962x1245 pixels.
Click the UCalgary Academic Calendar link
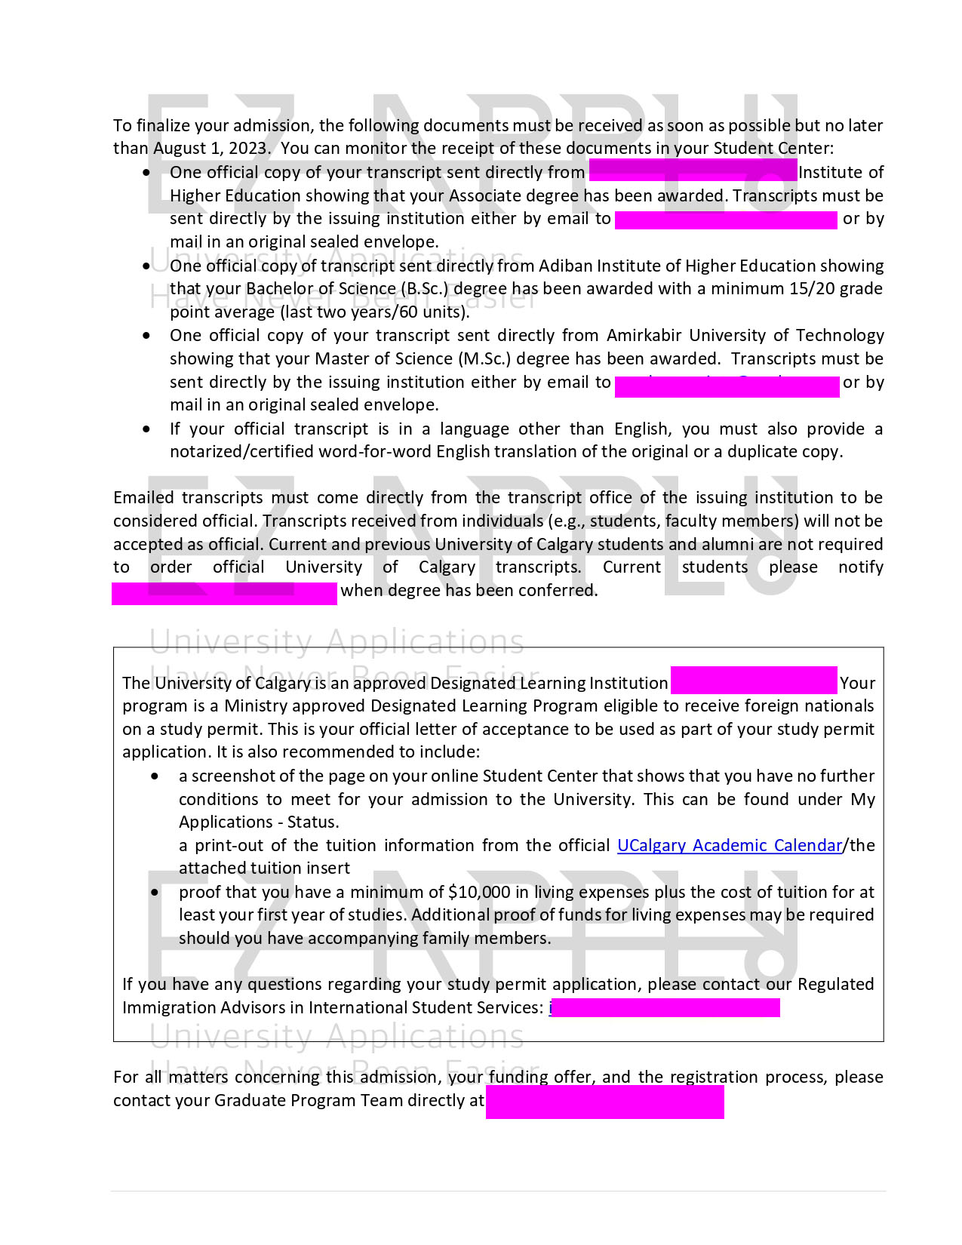tap(729, 846)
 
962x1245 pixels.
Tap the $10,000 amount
tap(479, 893)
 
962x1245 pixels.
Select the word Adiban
tap(565, 266)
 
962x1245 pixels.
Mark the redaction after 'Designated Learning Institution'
tap(754, 681)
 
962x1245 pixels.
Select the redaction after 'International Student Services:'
tap(665, 1007)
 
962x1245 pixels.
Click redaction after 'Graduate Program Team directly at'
tap(604, 1102)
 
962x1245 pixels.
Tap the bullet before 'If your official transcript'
tap(146, 429)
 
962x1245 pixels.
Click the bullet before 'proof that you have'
tap(155, 893)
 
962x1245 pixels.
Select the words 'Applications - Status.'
tap(259, 822)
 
